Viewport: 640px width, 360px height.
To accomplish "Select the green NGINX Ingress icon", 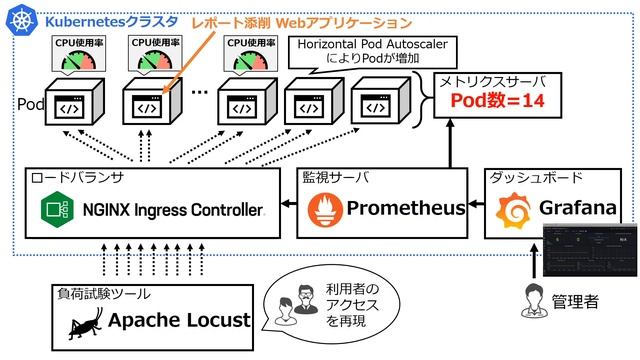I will pyautogui.click(x=51, y=210).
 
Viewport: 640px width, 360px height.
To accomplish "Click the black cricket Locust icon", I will pyautogui.click(x=83, y=321).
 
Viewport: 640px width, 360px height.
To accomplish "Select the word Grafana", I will pyautogui.click(x=577, y=209).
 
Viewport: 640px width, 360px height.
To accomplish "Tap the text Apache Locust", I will pyautogui.click(x=178, y=320).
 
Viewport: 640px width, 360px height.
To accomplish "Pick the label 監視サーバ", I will pyautogui.click(x=336, y=178).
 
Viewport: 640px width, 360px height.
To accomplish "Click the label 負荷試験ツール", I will pyautogui.click(x=104, y=293).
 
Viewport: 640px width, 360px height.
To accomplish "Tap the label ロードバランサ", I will pyautogui.click(x=77, y=178).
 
